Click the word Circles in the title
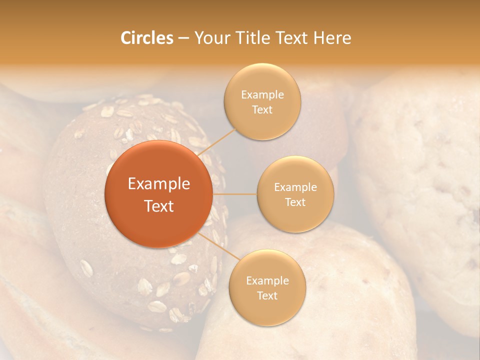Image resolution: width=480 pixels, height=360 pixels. point(146,38)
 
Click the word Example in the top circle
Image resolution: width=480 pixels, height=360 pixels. point(262,94)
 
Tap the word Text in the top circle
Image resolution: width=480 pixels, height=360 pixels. point(262,109)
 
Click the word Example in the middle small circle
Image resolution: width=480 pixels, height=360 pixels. point(295,187)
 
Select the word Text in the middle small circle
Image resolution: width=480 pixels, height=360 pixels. point(295,202)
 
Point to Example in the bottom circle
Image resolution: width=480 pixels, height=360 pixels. point(267,280)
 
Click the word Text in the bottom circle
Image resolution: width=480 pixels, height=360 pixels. point(267,295)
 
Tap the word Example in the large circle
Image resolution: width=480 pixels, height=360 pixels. point(158,184)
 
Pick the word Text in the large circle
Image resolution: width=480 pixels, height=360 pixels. point(158,206)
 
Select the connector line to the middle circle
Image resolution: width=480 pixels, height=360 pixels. point(234,194)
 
